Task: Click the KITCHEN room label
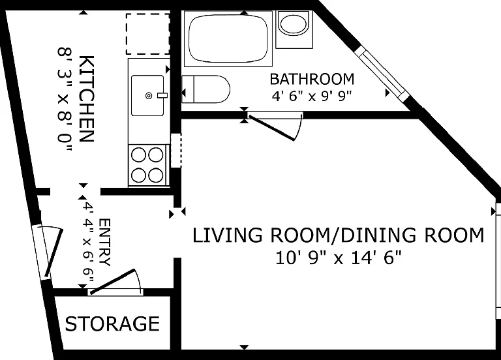(86, 98)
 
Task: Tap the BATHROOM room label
(312, 79)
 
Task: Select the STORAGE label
(112, 323)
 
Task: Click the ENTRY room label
(105, 242)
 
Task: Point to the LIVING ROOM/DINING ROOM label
(339, 235)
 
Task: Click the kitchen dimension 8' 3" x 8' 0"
(65, 99)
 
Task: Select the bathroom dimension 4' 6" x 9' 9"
(312, 96)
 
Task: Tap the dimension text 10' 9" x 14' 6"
(339, 258)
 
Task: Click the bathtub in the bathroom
(228, 38)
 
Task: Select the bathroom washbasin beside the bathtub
(294, 30)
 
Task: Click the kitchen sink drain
(149, 95)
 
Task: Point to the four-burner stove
(147, 165)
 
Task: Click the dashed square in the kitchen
(147, 34)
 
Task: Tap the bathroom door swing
(275, 126)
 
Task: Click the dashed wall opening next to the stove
(176, 151)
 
